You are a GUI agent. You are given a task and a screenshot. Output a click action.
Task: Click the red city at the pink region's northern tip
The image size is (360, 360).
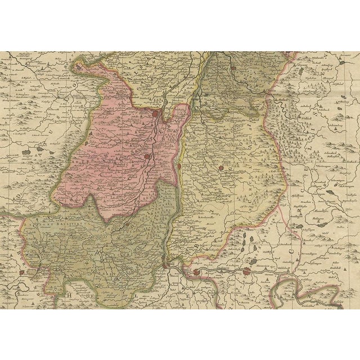[155, 114]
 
